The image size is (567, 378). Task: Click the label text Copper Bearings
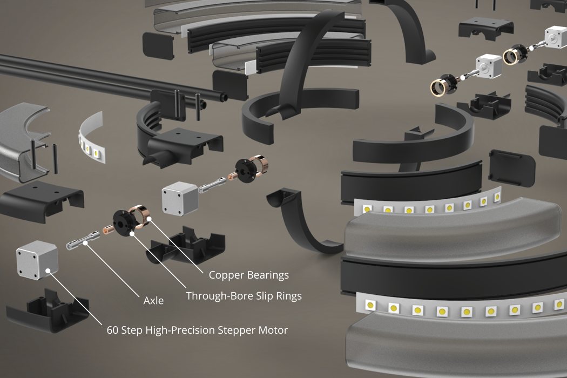(248, 275)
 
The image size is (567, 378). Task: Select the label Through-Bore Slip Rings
(244, 296)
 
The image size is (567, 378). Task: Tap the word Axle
(153, 301)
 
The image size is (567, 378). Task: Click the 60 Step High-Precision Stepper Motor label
(197, 330)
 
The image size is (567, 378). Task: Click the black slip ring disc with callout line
(123, 221)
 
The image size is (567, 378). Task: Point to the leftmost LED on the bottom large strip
(370, 305)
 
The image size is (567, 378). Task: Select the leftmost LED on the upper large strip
(367, 208)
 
